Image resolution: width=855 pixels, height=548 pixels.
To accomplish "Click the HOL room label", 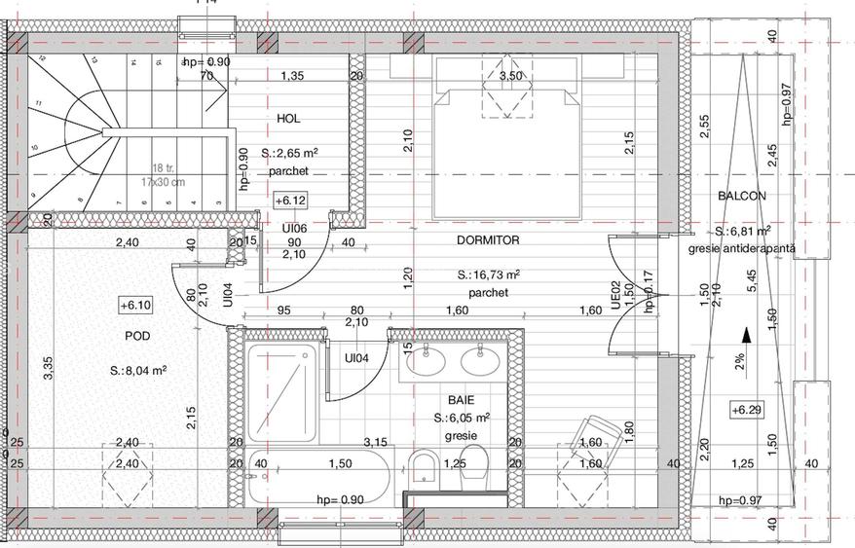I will (x=288, y=119).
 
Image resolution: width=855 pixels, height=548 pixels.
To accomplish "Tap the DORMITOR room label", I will (x=487, y=239).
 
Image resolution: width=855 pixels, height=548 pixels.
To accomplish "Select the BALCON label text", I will (x=742, y=196).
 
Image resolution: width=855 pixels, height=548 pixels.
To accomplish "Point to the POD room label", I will (x=137, y=336).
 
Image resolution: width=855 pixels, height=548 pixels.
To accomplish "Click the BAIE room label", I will (x=462, y=400).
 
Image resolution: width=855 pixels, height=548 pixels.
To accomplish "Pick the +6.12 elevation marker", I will (x=291, y=201).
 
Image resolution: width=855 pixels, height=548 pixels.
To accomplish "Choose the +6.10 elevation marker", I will (x=135, y=305).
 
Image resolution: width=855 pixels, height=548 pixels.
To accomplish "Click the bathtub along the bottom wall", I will (x=318, y=478).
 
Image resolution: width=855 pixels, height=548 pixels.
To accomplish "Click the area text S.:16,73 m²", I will (x=488, y=275).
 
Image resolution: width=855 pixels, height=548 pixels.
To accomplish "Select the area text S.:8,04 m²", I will (x=138, y=371).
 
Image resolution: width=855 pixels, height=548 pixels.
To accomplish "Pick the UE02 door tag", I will (x=615, y=296).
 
